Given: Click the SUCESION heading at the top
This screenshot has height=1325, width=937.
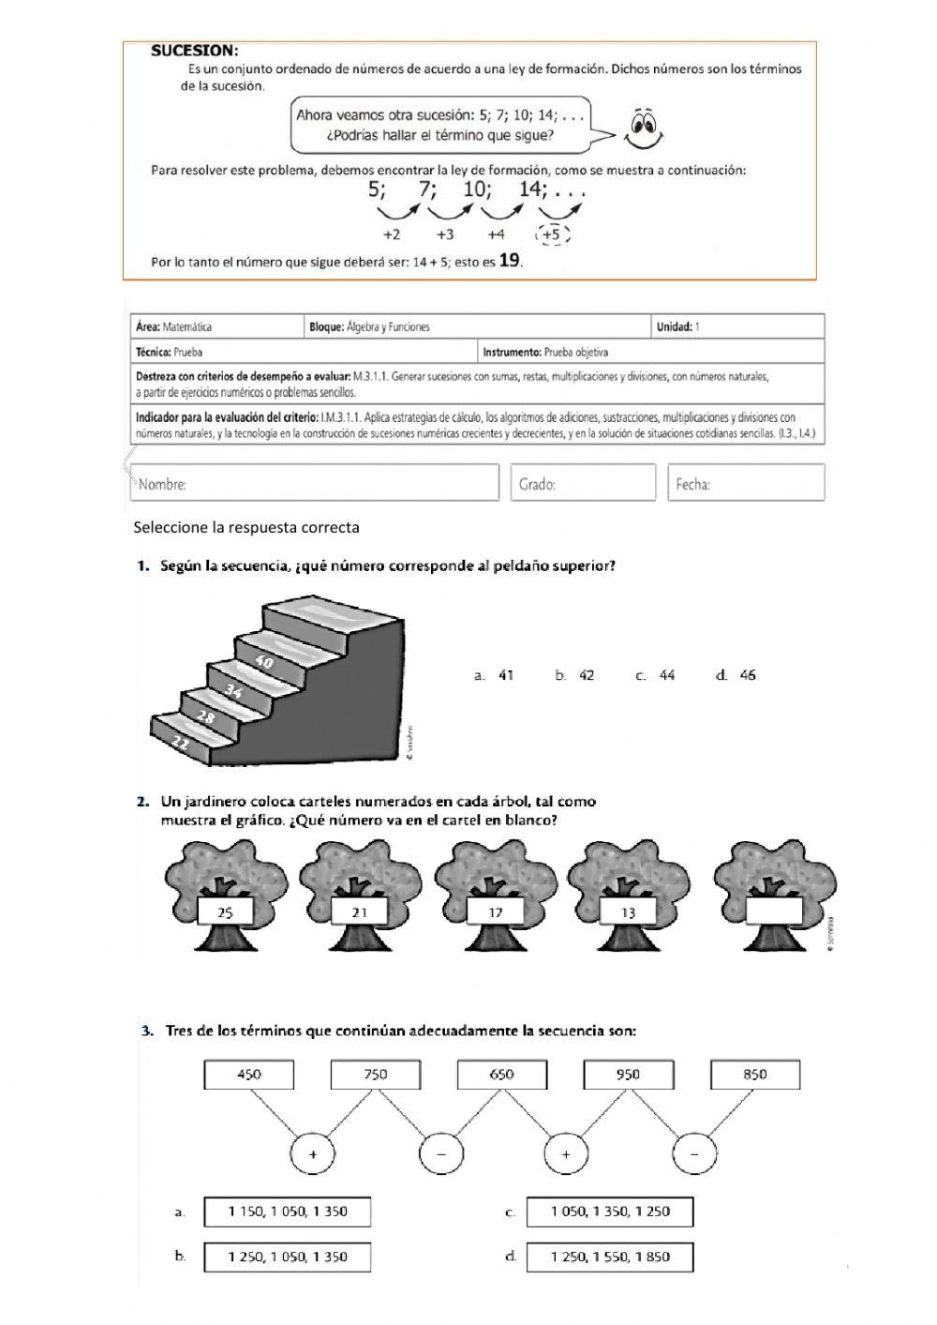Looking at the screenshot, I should [194, 51].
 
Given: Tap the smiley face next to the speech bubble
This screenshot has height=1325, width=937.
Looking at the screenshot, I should [643, 128].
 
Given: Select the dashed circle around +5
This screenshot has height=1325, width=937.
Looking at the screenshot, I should [552, 234].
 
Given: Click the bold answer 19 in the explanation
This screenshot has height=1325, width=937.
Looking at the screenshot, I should [510, 262].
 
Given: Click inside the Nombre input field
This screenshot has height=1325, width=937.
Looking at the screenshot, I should [315, 483].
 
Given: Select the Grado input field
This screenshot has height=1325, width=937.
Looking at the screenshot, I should [583, 483].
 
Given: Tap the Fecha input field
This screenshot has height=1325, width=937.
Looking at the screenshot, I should [746, 483].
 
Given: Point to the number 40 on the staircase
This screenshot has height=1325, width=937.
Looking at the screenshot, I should [264, 662].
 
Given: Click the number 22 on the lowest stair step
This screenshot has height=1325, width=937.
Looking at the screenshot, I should [181, 742].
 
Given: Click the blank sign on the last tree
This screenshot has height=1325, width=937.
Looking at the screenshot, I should [775, 911].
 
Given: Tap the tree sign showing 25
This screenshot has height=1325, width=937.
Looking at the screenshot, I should [225, 911].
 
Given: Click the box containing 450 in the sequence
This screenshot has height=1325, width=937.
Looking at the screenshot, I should [249, 1075].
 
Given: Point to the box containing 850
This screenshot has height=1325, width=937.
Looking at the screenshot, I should [755, 1075].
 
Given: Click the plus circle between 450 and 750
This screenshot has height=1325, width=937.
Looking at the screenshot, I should [312, 1154].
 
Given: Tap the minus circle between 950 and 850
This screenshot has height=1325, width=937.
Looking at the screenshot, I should [694, 1154].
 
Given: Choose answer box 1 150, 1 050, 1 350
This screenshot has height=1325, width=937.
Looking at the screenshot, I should [287, 1212].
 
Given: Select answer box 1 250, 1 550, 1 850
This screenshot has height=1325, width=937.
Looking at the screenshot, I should [610, 1257].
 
